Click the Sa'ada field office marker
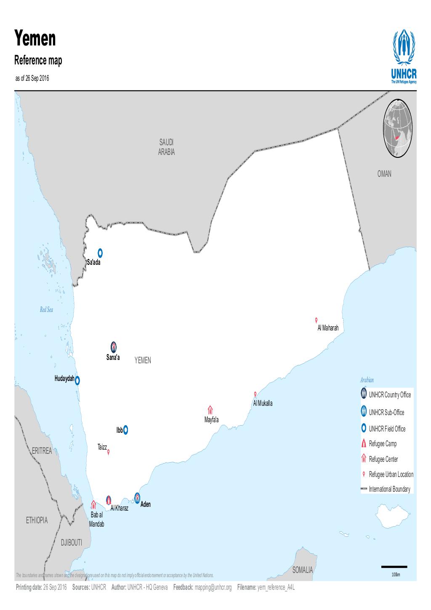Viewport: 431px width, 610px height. pos(100,253)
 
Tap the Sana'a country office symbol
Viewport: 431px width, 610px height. pos(114,347)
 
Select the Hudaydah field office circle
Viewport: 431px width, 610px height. pos(77,381)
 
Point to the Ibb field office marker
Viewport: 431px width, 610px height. pos(125,430)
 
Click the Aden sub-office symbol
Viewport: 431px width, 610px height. pos(137,498)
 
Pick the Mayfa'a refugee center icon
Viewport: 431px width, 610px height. pos(210,410)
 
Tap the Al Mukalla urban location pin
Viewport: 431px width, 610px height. pos(255,394)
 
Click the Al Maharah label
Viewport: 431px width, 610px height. pos(328,328)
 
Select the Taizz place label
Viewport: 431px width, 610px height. pos(102,446)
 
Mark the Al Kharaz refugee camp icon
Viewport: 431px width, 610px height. pos(109,500)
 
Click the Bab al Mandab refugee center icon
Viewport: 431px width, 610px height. pos(93,504)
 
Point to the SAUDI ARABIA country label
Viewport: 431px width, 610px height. pos(166,147)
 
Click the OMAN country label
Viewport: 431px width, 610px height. pos(384,174)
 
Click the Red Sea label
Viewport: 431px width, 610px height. pos(47,310)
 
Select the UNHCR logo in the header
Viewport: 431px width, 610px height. pos(404,56)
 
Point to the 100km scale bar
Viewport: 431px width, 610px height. pos(394,567)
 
